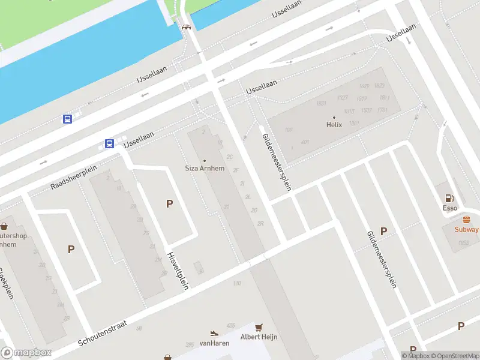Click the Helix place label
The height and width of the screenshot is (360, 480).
pos(334,125)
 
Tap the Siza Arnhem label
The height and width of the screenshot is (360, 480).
pos(204,169)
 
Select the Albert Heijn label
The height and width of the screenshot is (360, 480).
pos(259,337)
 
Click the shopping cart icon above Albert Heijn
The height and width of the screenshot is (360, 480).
pos(259,327)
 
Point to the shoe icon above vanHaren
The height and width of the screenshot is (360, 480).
pos(214,333)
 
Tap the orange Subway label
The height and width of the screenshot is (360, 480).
pos(466,229)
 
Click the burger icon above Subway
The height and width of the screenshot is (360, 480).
pos(466,220)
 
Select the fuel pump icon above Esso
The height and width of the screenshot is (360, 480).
pos(449,198)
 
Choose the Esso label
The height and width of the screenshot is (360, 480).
pos(449,208)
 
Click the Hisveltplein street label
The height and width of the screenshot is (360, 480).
pos(178,269)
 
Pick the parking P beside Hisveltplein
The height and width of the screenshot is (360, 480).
pos(170,204)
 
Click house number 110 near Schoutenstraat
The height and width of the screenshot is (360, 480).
pos(237,283)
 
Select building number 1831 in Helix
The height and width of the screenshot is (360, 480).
pos(321,103)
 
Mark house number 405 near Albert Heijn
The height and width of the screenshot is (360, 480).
pos(230,326)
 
